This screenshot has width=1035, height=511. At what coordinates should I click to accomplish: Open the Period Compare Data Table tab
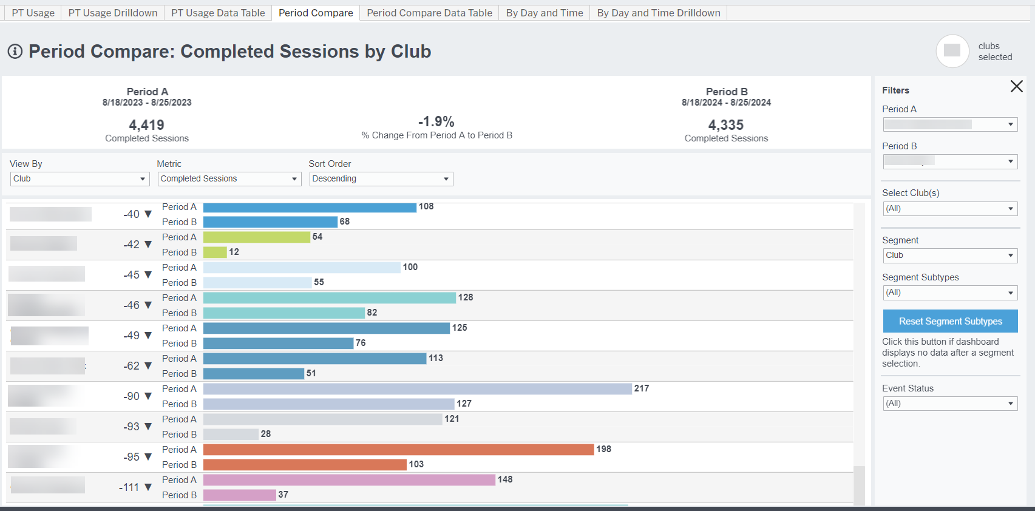click(429, 13)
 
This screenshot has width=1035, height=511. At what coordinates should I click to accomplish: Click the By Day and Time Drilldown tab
click(659, 13)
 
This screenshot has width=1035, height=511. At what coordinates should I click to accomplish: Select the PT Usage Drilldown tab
click(113, 13)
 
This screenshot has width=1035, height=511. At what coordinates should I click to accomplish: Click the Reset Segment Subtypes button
click(950, 321)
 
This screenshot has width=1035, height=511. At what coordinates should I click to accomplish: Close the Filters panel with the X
click(1016, 86)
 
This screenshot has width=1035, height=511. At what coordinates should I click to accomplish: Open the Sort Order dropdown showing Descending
click(381, 179)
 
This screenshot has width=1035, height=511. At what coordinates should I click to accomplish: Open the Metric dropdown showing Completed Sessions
click(229, 179)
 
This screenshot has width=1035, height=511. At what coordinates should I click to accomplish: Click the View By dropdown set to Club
click(80, 179)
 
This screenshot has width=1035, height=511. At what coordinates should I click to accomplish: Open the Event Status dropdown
click(950, 404)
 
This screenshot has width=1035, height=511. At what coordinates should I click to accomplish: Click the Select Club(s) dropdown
click(950, 209)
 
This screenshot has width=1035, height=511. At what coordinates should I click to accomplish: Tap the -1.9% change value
click(436, 121)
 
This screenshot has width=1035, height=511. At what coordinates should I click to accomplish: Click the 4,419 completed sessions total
click(146, 125)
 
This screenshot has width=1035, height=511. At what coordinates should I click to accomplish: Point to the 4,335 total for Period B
click(726, 125)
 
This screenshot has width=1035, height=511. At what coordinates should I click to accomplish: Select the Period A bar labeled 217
click(417, 388)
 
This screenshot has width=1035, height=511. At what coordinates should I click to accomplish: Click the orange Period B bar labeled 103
click(305, 464)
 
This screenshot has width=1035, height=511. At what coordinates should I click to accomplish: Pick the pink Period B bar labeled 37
click(239, 495)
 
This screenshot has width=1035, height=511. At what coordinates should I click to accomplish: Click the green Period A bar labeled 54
click(256, 237)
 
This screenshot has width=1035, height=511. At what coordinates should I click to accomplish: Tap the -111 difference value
click(129, 487)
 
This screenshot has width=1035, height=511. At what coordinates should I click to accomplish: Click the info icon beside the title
click(15, 52)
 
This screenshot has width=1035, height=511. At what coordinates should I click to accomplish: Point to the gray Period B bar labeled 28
click(231, 434)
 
